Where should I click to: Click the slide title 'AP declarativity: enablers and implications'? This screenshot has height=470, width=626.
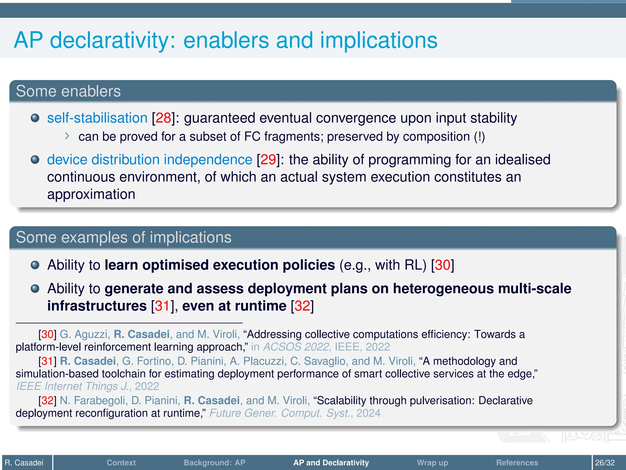coord(226,40)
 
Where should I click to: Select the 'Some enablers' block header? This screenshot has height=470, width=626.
coord(68,91)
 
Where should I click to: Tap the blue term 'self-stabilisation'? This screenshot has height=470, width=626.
coord(97,118)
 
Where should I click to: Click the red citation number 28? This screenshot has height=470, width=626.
coord(163,118)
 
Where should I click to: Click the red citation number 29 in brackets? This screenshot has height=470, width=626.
coord(268,160)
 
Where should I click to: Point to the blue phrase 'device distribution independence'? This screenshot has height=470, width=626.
coord(149,160)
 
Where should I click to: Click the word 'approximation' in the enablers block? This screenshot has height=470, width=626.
coord(91,194)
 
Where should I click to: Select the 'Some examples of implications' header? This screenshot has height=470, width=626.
coord(123,237)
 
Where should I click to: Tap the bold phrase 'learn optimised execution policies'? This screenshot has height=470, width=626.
coord(219,265)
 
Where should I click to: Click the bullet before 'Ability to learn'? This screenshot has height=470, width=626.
coord(35,265)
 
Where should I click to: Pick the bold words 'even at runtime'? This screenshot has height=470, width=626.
coord(234,306)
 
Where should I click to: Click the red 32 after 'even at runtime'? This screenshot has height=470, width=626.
coord(302,306)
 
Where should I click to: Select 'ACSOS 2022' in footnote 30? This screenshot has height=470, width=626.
coord(296,347)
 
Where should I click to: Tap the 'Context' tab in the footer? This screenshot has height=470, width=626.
coord(121,463)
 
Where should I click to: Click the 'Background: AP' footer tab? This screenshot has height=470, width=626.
coord(214,463)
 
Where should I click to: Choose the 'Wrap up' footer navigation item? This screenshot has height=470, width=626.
coord(432,463)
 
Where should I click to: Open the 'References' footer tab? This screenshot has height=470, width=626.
coord(517,463)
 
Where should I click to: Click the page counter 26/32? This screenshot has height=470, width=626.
coord(605,463)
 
